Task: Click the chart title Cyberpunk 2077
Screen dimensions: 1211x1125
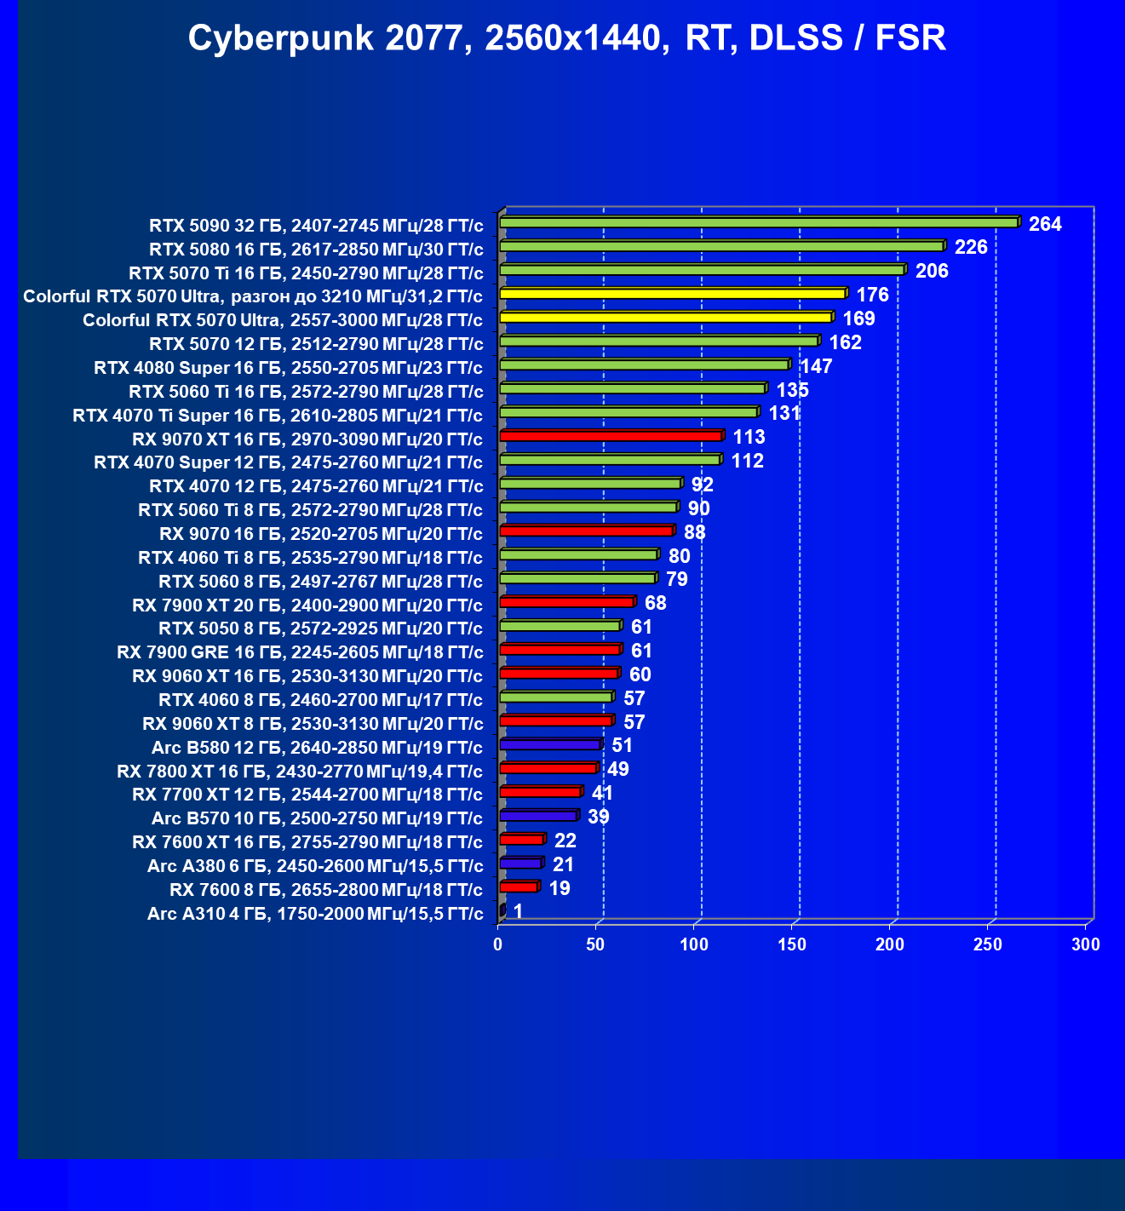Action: [566, 38]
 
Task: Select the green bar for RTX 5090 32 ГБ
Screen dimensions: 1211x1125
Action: [758, 223]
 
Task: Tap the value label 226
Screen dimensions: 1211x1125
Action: [971, 248]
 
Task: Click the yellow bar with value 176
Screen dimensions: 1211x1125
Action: [672, 295]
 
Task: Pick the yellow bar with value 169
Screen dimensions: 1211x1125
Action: [665, 319]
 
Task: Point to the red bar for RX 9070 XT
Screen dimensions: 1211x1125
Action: [611, 437]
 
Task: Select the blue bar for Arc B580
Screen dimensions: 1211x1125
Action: [549, 745]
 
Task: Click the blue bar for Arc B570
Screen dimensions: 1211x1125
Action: [538, 817]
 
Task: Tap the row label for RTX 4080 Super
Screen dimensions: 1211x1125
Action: [288, 368]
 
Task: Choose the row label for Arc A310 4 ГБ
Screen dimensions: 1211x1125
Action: [315, 915]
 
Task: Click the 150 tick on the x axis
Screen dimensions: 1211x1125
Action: [792, 944]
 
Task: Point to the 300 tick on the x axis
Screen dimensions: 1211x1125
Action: [1086, 944]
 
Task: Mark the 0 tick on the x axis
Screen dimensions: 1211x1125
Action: [498, 944]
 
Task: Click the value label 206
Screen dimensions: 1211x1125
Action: [932, 272]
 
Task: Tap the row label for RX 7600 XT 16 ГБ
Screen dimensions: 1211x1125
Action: [307, 842]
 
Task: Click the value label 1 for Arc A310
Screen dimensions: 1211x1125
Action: [518, 912]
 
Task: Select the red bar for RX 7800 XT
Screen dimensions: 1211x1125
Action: [548, 769]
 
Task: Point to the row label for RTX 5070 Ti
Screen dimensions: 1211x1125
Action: [306, 273]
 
